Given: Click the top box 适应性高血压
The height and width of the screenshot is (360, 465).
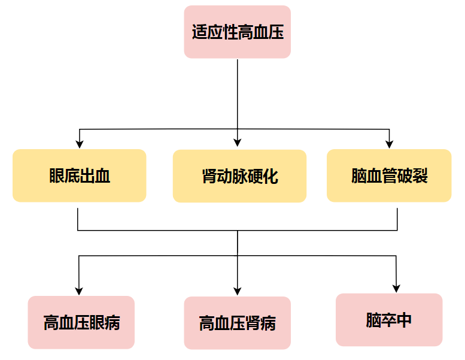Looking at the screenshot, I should (237, 32).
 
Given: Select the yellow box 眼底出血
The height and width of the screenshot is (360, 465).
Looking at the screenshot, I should (79, 176).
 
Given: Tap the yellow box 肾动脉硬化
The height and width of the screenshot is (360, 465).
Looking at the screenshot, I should (239, 176).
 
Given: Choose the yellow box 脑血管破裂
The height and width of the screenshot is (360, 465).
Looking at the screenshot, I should (389, 176).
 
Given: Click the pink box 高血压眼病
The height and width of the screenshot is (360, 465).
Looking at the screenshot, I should (81, 322).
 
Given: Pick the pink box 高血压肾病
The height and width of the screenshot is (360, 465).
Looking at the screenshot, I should (237, 323).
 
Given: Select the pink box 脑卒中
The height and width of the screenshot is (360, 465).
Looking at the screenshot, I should (389, 319).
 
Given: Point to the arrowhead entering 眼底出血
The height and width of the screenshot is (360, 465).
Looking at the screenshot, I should (79, 144).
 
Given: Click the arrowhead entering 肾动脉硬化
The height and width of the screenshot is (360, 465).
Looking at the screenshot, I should (238, 143).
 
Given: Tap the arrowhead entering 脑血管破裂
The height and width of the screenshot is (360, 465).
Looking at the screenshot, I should (390, 144).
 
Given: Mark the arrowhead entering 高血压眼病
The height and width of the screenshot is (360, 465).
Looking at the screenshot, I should (79, 291).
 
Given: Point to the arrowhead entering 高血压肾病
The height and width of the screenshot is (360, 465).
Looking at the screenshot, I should (238, 291).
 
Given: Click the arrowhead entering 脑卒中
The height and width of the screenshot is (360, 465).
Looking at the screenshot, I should (396, 288).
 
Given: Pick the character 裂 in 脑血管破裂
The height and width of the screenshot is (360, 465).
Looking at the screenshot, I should (420, 176).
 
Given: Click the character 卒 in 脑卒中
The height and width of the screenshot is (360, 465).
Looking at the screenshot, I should (389, 320).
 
